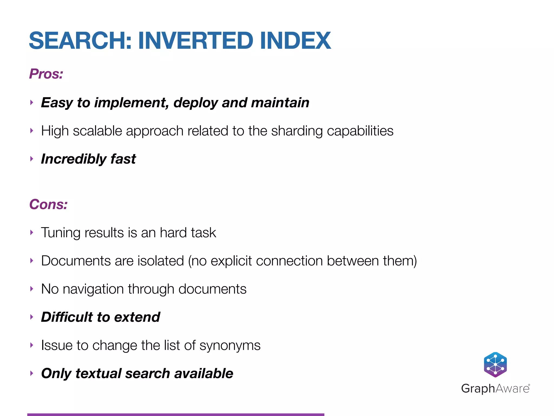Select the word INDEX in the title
pyautogui.click(x=295, y=41)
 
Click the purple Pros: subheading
pyautogui.click(x=46, y=74)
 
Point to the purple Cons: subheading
pyautogui.click(x=48, y=204)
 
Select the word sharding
pyautogui.click(x=297, y=131)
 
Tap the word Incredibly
pyautogui.click(x=73, y=159)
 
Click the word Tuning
pyautogui.click(x=61, y=233)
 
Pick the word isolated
pyautogui.click(x=161, y=261)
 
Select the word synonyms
pyautogui.click(x=230, y=346)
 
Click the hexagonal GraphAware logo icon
pyautogui.click(x=495, y=365)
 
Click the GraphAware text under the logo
pyautogui.click(x=495, y=389)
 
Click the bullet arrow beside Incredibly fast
pyautogui.click(x=32, y=159)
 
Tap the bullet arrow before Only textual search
pyautogui.click(x=32, y=373)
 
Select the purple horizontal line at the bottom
pyautogui.click(x=176, y=414)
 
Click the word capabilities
pyautogui.click(x=360, y=131)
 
